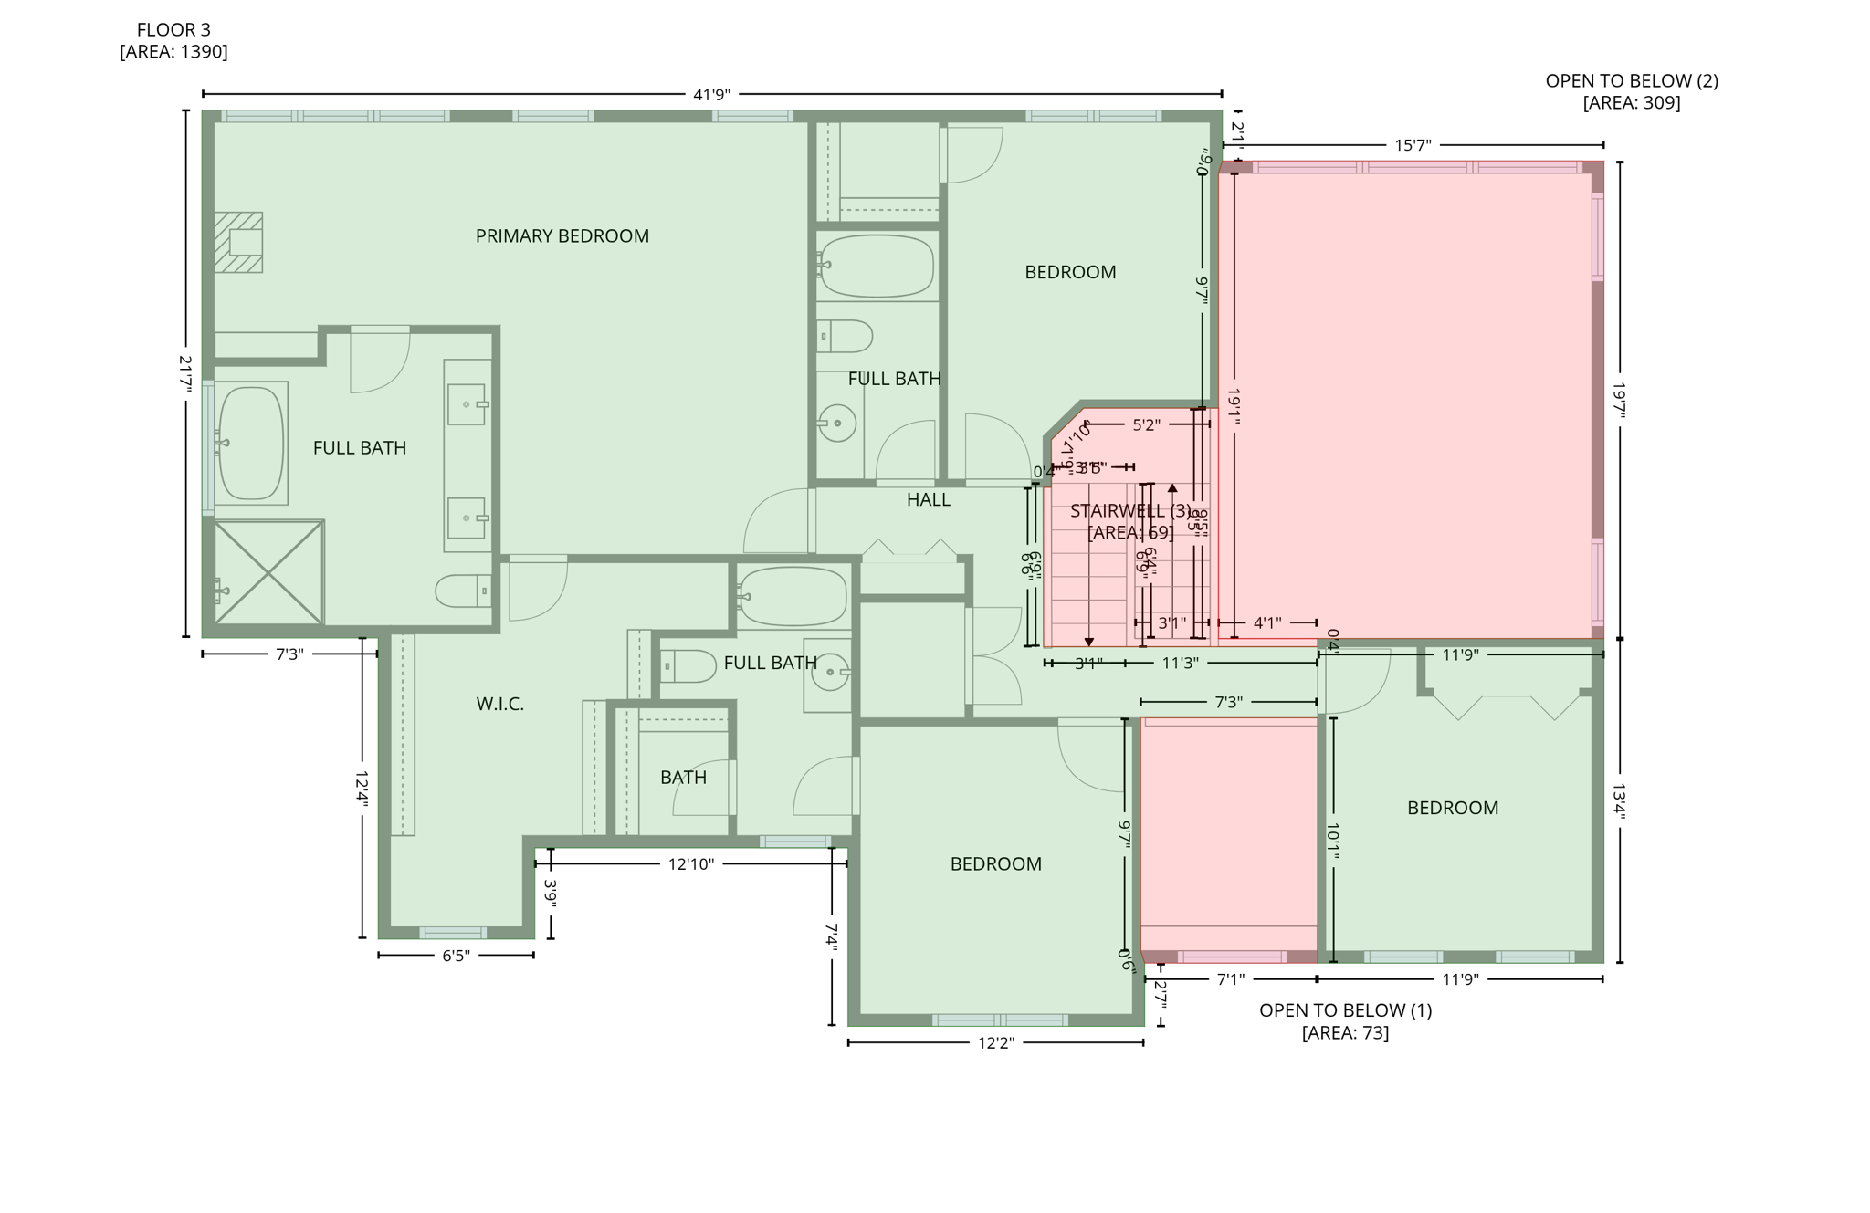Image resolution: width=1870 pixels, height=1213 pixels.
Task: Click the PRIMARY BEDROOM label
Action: click(x=562, y=235)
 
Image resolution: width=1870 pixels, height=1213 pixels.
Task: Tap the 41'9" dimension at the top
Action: click(x=711, y=94)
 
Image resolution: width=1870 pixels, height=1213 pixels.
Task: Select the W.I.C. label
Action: click(x=499, y=704)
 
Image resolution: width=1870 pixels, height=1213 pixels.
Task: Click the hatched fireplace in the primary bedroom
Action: click(x=238, y=242)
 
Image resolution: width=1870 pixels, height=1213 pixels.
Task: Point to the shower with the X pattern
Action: click(x=268, y=572)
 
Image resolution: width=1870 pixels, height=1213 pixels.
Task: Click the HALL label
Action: click(x=928, y=499)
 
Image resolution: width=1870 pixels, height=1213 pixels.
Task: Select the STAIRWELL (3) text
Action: click(x=1130, y=510)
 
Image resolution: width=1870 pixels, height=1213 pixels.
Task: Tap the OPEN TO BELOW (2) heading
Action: click(x=1631, y=80)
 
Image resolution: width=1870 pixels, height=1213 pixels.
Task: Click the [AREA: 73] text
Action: click(x=1345, y=1032)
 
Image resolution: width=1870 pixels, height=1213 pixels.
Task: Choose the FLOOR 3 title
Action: click(x=173, y=29)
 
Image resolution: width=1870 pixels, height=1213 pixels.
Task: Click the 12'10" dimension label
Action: click(x=690, y=863)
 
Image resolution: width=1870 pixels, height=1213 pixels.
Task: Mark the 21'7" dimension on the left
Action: click(x=185, y=374)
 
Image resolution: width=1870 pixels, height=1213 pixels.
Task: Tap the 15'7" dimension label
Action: click(x=1413, y=144)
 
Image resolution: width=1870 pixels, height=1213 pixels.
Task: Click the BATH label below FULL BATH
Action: click(x=683, y=777)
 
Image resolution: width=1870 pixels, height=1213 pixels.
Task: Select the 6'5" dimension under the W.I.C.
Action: click(x=456, y=955)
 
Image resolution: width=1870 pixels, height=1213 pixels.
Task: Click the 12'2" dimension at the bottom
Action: click(x=995, y=1042)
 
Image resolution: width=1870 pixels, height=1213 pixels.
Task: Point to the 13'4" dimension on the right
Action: click(x=1619, y=800)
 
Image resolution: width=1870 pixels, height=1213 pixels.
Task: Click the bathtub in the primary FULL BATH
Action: click(x=251, y=443)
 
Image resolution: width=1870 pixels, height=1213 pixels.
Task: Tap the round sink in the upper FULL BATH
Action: click(x=836, y=423)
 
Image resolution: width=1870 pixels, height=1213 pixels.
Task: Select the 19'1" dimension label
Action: click(x=1234, y=408)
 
